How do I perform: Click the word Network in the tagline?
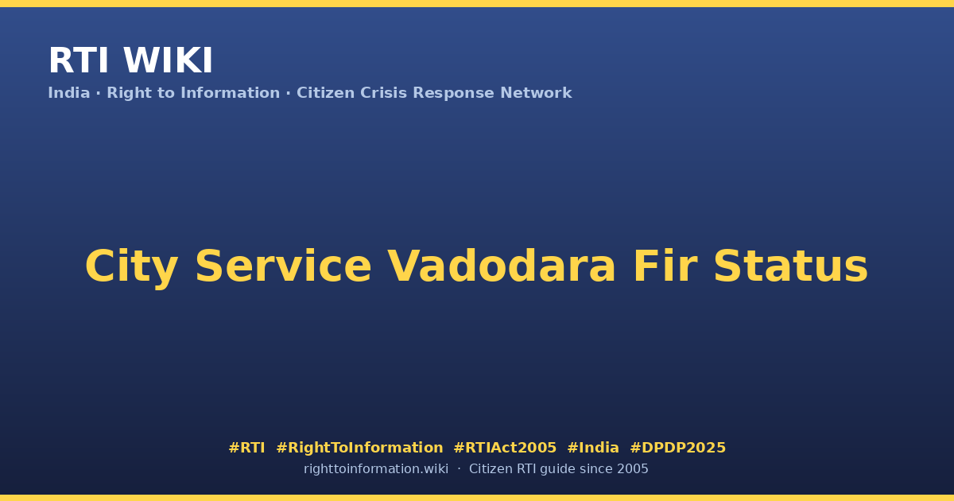coord(536,93)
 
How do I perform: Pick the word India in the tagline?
coord(69,93)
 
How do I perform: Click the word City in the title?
coord(132,267)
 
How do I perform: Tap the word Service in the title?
coord(283,266)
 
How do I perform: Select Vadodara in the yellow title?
coord(502,266)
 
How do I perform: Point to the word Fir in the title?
coord(665,266)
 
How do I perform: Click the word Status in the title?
coord(790,266)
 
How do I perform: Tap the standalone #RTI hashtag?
coord(246,448)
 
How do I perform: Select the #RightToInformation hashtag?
coord(359,448)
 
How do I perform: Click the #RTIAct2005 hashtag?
coord(505,448)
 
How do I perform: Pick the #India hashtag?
coord(593,448)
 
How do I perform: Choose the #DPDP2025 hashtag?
coord(677,448)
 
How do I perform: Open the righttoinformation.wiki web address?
coord(375,469)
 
